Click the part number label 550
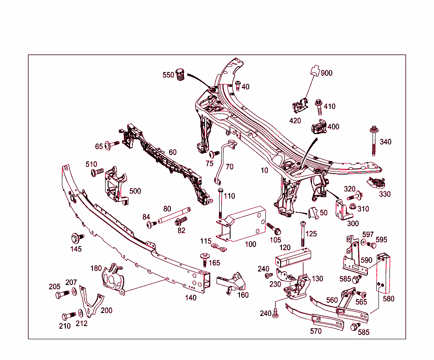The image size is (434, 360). click(168, 75)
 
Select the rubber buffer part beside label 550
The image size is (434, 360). click(181, 76)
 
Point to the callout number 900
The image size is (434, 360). click(327, 73)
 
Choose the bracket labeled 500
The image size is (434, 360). click(114, 185)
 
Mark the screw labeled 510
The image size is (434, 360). click(97, 172)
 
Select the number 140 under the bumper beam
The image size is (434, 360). click(191, 298)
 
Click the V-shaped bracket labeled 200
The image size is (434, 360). click(90, 302)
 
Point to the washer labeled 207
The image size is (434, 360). click(74, 292)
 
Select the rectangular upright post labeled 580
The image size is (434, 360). click(384, 273)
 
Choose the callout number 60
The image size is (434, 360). click(172, 152)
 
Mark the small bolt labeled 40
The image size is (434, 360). click(238, 86)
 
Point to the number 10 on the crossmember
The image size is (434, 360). click(264, 170)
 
